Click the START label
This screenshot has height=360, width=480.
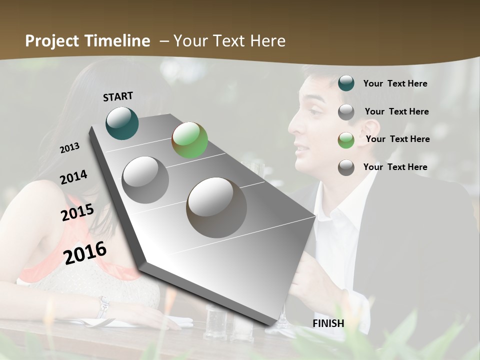click(x=118, y=96)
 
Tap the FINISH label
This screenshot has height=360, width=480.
click(x=328, y=323)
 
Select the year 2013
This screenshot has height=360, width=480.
click(x=69, y=148)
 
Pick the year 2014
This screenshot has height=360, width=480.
click(x=73, y=177)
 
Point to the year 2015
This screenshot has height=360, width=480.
click(x=77, y=212)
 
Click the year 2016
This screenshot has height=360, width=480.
click(x=85, y=253)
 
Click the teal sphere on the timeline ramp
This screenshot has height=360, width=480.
click(x=122, y=123)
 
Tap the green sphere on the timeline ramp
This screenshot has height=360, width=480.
click(x=189, y=140)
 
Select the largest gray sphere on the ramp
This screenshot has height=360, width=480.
click(x=216, y=207)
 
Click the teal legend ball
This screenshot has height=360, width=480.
click(x=346, y=83)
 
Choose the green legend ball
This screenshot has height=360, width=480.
click(x=346, y=140)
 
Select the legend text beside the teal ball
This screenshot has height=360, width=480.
click(x=395, y=83)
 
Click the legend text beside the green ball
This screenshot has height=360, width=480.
click(x=397, y=139)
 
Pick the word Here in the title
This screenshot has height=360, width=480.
click(x=267, y=41)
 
